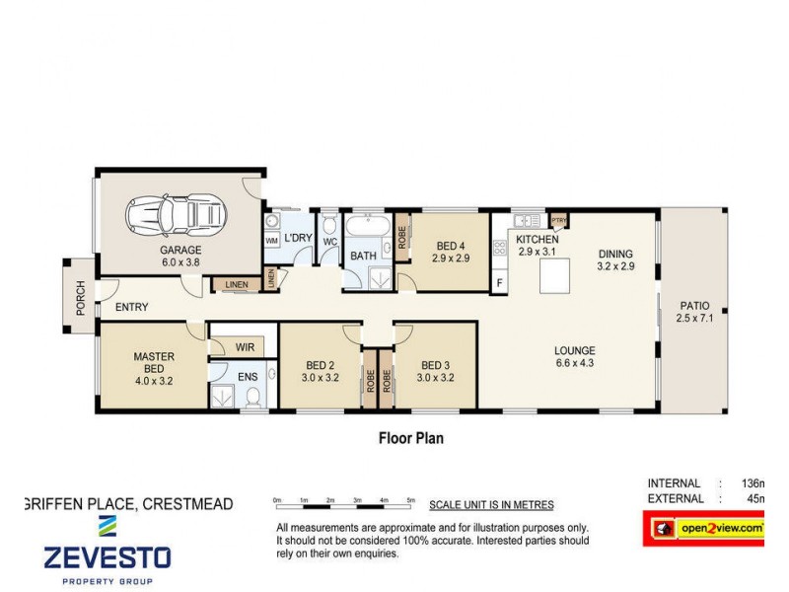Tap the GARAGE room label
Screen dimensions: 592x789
tap(180, 251)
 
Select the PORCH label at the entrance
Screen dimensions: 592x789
tap(81, 298)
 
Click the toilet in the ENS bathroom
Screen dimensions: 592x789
tap(254, 396)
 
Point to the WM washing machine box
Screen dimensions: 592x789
tap(271, 241)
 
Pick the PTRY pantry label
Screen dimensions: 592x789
tap(559, 220)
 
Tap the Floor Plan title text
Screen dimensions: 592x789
tap(411, 437)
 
